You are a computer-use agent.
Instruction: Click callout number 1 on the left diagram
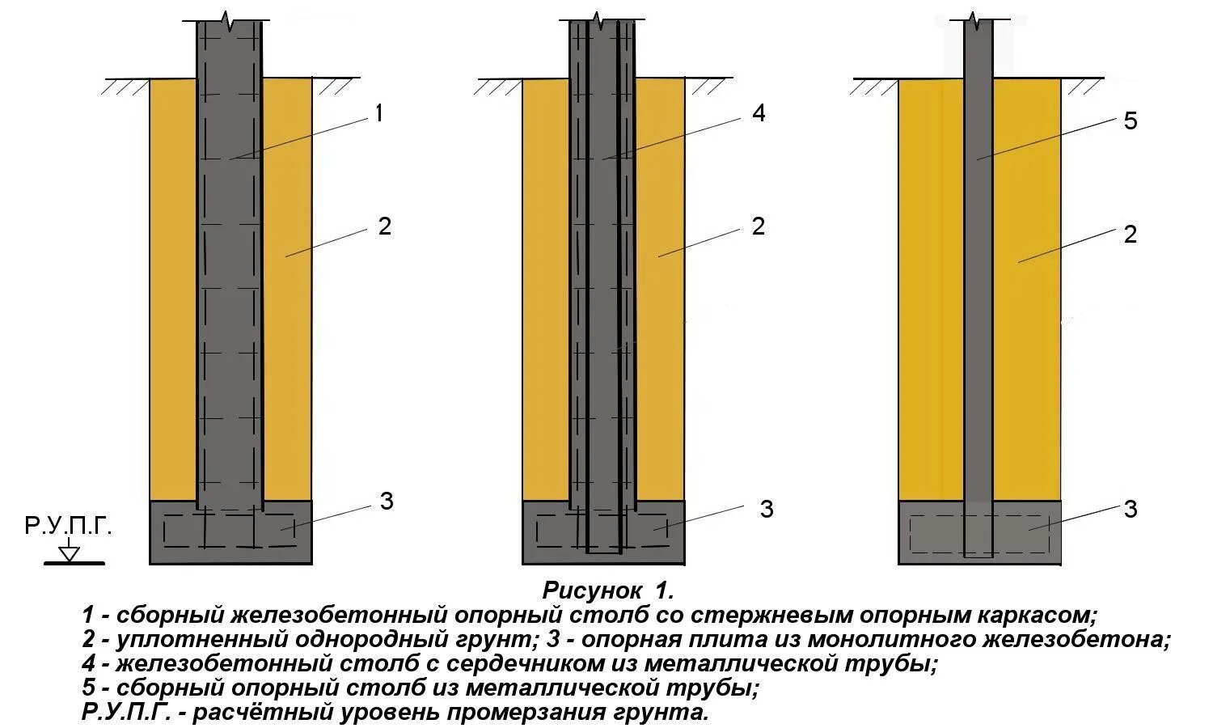[378, 114]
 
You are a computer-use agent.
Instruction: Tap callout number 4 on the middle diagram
[758, 113]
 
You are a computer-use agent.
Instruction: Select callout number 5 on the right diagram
[1131, 121]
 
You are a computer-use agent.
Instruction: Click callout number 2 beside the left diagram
[384, 226]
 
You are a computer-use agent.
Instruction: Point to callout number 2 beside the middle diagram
[758, 226]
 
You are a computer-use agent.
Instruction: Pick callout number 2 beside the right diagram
[1131, 235]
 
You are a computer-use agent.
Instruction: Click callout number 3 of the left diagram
[387, 502]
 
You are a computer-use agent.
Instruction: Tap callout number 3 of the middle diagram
[766, 510]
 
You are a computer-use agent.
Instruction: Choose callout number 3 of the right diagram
[1131, 510]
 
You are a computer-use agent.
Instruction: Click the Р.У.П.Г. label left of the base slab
[68, 527]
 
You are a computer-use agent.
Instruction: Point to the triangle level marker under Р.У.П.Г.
[70, 553]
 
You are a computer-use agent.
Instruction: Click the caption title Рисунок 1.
[607, 588]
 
